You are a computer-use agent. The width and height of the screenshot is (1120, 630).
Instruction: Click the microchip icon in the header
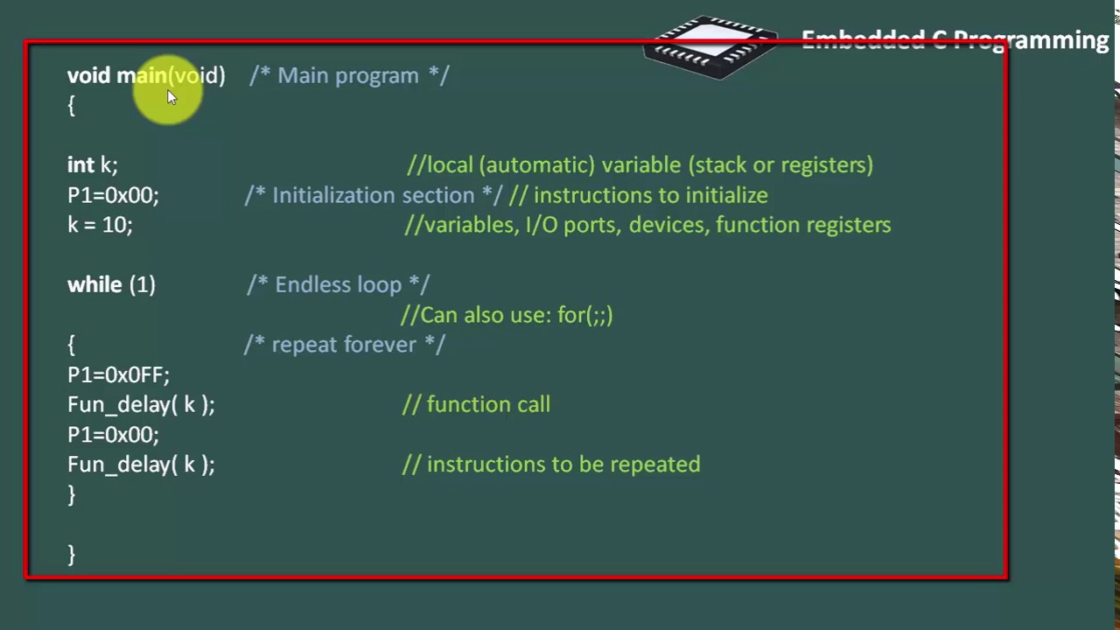click(x=710, y=46)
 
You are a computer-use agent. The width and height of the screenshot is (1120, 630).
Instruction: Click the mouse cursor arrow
click(x=172, y=97)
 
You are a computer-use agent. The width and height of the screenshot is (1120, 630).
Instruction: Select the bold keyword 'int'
click(x=80, y=165)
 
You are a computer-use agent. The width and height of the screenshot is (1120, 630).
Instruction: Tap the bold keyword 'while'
click(x=94, y=284)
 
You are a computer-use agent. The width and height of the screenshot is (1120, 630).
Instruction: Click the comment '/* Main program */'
click(x=349, y=75)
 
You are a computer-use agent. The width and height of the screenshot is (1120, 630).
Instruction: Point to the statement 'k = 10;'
click(x=100, y=225)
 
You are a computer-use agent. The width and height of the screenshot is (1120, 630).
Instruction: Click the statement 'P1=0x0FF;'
click(x=118, y=375)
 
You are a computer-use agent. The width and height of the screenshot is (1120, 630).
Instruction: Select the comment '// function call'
click(x=476, y=404)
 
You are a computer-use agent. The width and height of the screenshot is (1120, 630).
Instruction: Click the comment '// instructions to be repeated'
click(x=551, y=465)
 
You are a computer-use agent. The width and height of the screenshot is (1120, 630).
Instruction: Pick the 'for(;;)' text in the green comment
click(x=584, y=315)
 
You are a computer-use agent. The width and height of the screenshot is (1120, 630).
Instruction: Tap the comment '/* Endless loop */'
click(x=338, y=284)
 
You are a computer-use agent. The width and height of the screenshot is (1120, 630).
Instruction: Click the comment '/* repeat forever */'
click(x=345, y=345)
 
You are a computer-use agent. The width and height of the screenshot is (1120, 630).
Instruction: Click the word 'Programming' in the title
click(x=1031, y=40)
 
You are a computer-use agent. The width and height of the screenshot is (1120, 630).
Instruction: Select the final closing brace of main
click(x=72, y=555)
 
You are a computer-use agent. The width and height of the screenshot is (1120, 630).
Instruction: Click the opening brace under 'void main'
click(x=72, y=106)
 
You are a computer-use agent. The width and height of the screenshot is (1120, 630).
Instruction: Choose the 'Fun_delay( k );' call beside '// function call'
click(x=141, y=405)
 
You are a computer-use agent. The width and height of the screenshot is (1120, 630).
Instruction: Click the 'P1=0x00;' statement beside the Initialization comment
click(x=113, y=195)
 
